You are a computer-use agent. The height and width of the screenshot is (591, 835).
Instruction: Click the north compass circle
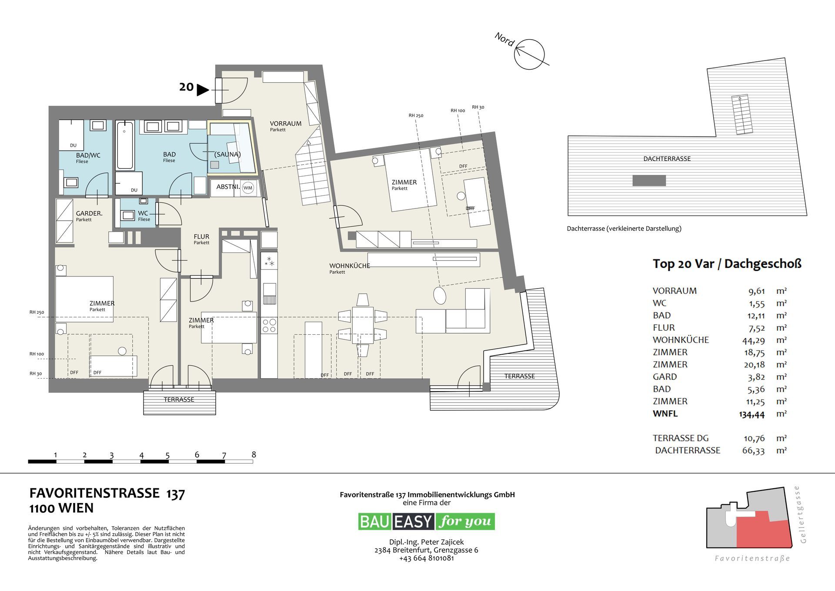pos(529,54)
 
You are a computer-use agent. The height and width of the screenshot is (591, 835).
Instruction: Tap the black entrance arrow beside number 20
pos(202,90)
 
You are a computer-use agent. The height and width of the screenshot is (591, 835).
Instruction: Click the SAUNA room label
pos(227,154)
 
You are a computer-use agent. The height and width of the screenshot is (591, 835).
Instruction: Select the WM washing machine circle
pos(247,188)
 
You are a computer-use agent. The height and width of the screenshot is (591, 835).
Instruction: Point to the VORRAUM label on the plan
pos(285,124)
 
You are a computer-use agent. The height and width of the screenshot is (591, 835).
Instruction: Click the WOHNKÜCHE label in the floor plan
pos(349,266)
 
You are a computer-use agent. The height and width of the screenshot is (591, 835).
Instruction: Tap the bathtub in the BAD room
pos(125,145)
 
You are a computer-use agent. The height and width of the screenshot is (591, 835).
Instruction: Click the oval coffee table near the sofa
pos(440,295)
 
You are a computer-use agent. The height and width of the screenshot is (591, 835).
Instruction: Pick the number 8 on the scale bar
pos(254,455)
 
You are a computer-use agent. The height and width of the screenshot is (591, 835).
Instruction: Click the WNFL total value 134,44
pos(751,414)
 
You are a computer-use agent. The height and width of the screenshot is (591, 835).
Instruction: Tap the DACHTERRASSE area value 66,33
pos(753,451)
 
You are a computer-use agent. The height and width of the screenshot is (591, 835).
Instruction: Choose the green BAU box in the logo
pos(375,521)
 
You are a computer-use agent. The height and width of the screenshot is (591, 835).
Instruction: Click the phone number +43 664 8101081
pos(426,558)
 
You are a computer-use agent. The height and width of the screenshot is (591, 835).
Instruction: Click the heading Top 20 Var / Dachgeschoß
pos(727,264)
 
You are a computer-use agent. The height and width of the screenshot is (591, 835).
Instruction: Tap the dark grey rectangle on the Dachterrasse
pos(649,180)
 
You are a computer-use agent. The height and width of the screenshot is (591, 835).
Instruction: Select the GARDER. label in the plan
pos(89,214)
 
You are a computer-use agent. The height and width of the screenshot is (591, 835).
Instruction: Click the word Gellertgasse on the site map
pos(803,514)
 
